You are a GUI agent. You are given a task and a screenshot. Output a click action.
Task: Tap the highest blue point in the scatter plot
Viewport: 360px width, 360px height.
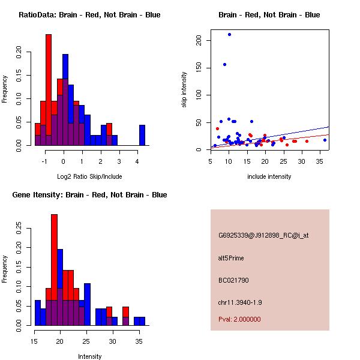coord(229,35)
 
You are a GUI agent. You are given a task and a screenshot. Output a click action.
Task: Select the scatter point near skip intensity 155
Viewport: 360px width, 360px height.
coord(224,64)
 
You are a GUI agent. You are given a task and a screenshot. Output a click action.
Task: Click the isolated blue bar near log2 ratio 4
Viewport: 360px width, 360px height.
coord(142,135)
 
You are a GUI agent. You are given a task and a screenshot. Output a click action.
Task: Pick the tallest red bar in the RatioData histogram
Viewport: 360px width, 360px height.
coord(48,90)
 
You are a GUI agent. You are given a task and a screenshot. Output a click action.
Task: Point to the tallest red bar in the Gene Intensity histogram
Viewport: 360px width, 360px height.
coord(54,270)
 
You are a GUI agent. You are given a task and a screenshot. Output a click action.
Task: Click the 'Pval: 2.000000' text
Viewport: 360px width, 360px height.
coord(239,319)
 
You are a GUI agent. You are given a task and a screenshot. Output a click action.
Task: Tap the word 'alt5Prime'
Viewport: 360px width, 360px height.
coord(231,258)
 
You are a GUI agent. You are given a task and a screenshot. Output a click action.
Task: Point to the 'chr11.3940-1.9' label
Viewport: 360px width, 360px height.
coord(240,302)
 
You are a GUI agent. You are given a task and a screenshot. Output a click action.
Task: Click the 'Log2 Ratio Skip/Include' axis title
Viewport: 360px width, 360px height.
coord(89,176)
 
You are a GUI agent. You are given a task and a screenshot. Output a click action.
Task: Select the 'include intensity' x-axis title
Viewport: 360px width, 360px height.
coord(269,176)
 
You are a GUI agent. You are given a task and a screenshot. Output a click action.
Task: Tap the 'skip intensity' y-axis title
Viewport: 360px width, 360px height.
coord(184,90)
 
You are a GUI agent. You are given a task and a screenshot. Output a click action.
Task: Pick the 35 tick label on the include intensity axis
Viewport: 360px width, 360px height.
coord(321,161)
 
